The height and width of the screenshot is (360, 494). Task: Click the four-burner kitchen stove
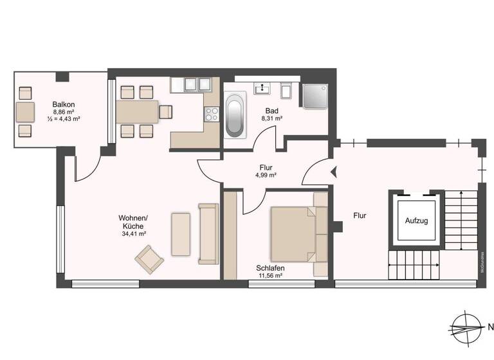[x=212, y=114]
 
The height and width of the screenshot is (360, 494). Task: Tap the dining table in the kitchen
[x=136, y=111]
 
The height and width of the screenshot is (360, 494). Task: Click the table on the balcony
[x=26, y=111]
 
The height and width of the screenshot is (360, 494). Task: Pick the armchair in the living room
[x=149, y=260]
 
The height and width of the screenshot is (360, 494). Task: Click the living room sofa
[x=208, y=233]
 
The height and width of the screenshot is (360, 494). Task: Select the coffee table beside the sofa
[x=180, y=234]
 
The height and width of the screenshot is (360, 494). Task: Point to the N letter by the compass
[x=490, y=326]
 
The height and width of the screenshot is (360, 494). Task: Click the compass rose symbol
[x=464, y=326]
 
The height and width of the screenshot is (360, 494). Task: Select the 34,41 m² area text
[x=134, y=234]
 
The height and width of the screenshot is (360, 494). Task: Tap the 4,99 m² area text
[x=266, y=175]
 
